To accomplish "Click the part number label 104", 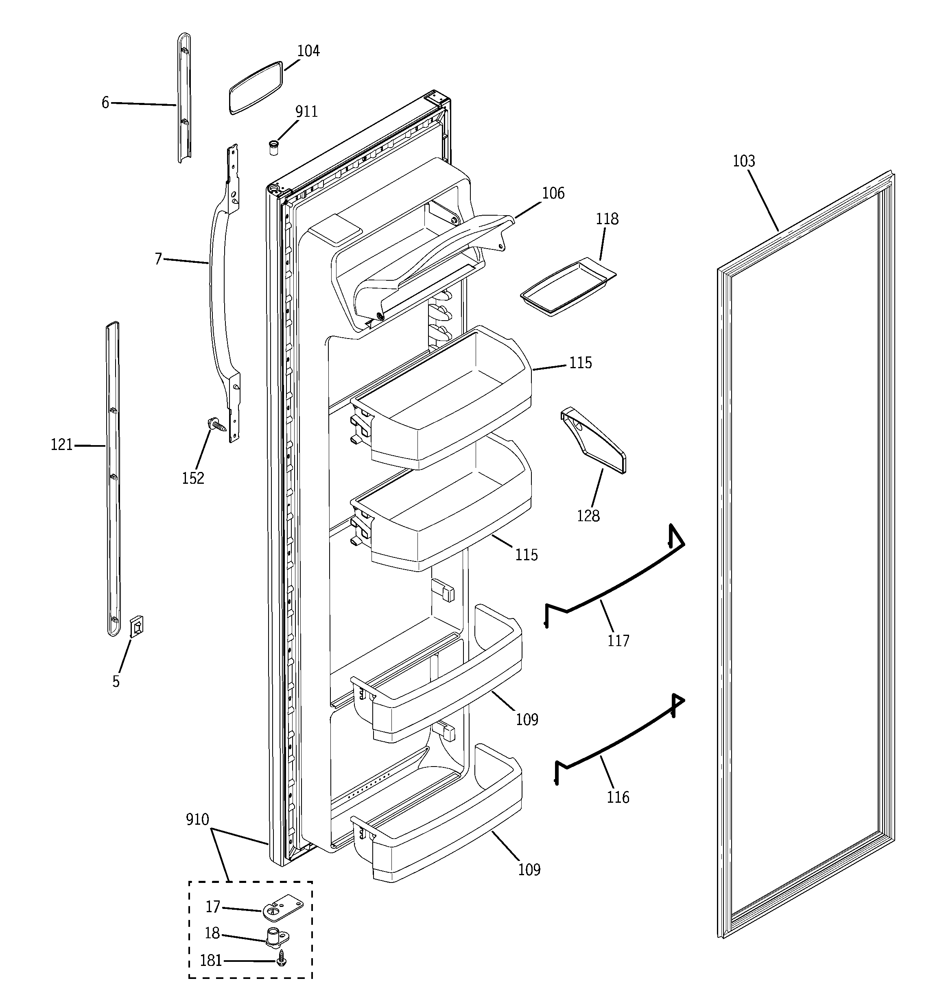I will click(308, 51).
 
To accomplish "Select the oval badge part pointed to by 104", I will click(256, 87).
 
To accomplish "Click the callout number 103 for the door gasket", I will click(744, 161).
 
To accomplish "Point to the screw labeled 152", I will click(216, 424).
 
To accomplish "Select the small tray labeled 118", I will click(568, 288).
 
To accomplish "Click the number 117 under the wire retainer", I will click(618, 641).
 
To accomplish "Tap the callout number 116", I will click(618, 797).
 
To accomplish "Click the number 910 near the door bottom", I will click(197, 819).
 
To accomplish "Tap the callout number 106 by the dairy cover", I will click(553, 194).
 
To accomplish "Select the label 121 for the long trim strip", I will click(62, 445).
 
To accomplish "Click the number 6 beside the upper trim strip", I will click(105, 103).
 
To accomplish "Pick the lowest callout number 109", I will click(529, 870).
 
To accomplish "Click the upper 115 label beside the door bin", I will click(580, 363).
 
